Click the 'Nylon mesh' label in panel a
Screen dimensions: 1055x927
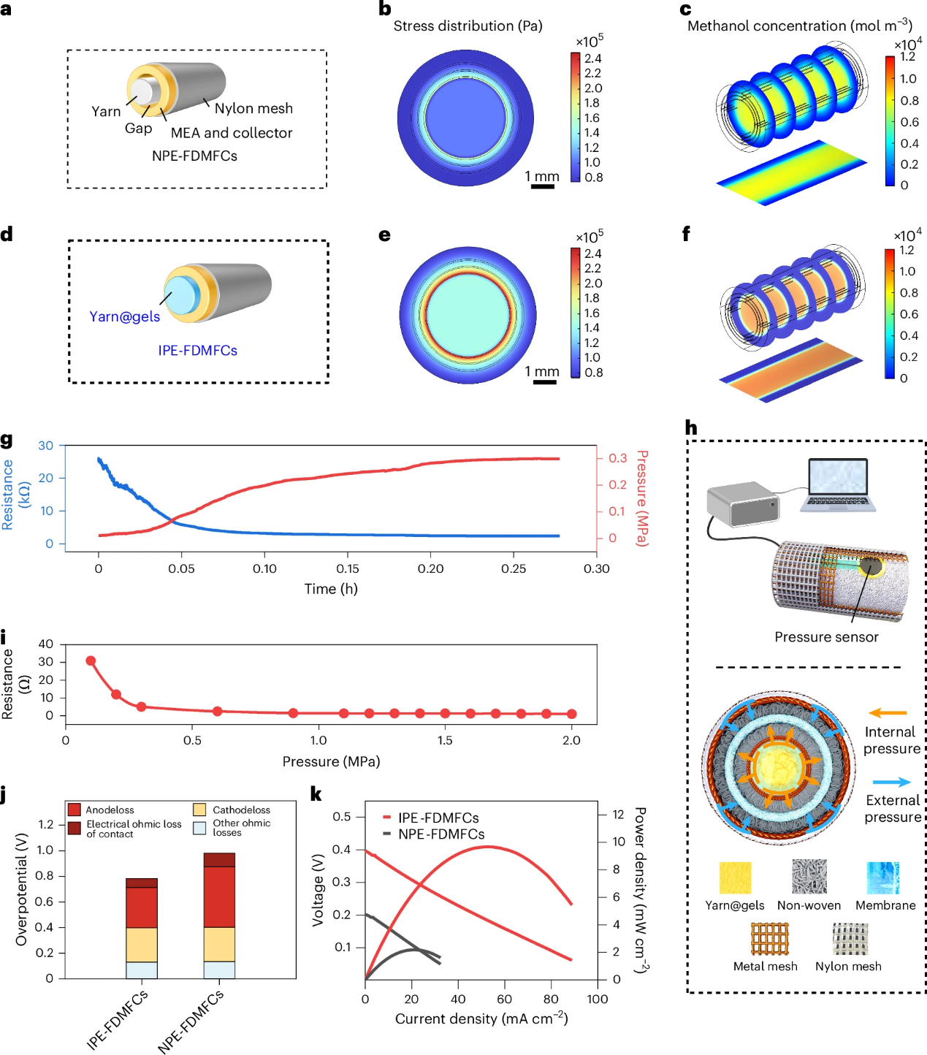click(x=253, y=109)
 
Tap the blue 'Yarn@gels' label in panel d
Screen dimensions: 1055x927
click(x=124, y=317)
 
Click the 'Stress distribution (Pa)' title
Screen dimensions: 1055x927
click(x=468, y=26)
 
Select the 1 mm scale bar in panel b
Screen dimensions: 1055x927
click(x=542, y=186)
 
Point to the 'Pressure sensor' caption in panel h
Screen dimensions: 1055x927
click(x=826, y=637)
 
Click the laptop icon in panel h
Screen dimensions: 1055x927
click(x=838, y=484)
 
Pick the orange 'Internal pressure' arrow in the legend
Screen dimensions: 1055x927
click(x=888, y=713)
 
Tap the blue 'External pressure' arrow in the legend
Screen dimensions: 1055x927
click(x=891, y=782)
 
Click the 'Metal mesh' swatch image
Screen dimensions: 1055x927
click(x=770, y=938)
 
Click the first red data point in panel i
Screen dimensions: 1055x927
click(x=91, y=660)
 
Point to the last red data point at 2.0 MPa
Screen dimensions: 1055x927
click(x=571, y=714)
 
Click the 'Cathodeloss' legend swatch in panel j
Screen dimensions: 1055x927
click(x=199, y=810)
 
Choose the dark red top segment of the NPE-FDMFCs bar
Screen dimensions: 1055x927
click(x=219, y=860)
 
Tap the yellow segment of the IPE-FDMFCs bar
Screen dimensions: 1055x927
click(x=142, y=944)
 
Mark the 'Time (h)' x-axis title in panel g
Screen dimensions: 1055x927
click(x=331, y=589)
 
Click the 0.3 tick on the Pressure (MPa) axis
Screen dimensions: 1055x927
click(x=617, y=458)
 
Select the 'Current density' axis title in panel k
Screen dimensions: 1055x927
click(x=481, y=1019)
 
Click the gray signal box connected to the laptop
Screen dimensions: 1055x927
click(x=742, y=503)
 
